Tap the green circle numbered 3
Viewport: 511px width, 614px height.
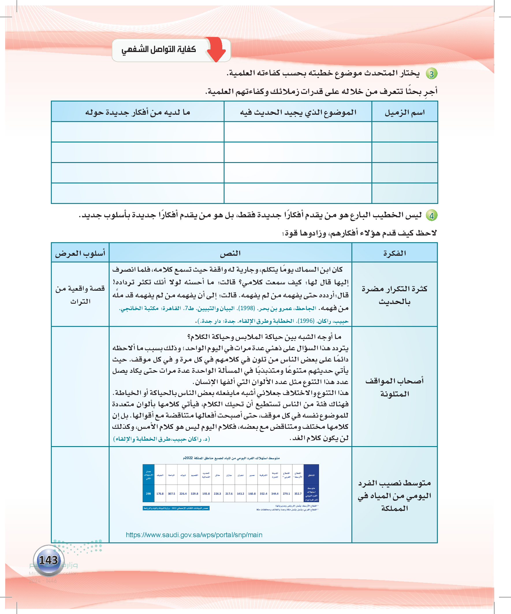(x=432, y=74)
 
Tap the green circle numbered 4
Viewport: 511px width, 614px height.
(x=432, y=216)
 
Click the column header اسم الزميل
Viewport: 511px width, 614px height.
(x=405, y=112)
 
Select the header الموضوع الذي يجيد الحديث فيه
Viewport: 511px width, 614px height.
(x=298, y=112)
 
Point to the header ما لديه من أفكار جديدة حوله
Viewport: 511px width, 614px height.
(x=138, y=112)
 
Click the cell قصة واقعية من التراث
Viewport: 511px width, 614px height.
(x=80, y=295)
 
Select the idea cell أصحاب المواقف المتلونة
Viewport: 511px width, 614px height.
(x=395, y=387)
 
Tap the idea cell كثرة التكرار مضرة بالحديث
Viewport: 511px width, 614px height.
(x=395, y=295)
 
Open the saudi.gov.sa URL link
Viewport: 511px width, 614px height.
(x=194, y=535)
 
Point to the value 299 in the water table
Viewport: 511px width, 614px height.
(x=148, y=494)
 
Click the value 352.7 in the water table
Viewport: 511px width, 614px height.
(x=298, y=494)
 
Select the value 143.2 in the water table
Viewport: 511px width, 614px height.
(x=240, y=494)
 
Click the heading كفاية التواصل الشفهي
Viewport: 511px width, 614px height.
(x=159, y=49)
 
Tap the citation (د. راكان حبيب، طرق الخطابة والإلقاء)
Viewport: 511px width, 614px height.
(x=161, y=439)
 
